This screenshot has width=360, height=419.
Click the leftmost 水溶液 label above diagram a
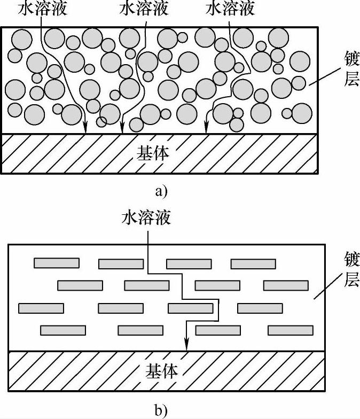pos(41,9)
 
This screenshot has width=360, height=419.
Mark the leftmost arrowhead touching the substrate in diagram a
pos(85,129)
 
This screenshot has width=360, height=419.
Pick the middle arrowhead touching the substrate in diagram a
pos(122,129)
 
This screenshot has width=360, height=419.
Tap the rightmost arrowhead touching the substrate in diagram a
pos(206,129)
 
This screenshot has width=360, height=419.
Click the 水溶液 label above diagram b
pos(147,218)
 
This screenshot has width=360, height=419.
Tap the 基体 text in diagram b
pos(161,370)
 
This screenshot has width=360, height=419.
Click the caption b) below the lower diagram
pos(160,410)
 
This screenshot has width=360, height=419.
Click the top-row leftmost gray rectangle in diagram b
pos(57,263)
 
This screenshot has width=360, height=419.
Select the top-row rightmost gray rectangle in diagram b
pos(253,263)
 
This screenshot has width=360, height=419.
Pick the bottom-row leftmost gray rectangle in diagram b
pos(63,330)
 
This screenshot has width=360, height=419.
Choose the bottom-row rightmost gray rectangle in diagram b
pos(291,330)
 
